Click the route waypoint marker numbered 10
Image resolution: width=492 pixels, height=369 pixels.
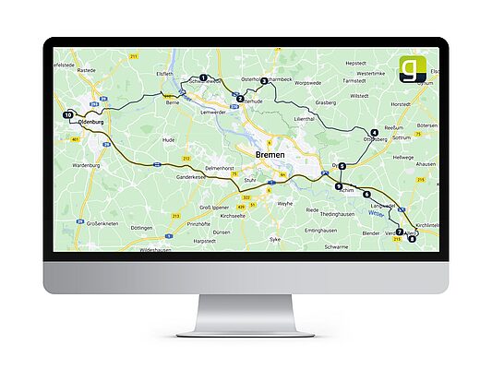click(x=68, y=115)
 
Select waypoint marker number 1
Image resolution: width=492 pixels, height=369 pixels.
click(x=203, y=77)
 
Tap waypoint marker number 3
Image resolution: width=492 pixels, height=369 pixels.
click(x=264, y=81)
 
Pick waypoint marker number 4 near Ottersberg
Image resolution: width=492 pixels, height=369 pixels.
click(x=374, y=133)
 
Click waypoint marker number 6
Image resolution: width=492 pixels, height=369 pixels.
click(x=366, y=195)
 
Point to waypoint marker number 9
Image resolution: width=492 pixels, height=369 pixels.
click(x=340, y=186)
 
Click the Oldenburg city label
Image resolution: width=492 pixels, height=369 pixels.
click(x=95, y=121)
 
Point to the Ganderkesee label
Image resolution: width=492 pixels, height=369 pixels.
click(x=196, y=174)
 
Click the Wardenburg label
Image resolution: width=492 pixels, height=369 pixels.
click(x=84, y=166)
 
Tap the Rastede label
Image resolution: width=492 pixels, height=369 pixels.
click(x=87, y=69)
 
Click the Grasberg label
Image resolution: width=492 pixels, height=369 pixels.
click(x=326, y=103)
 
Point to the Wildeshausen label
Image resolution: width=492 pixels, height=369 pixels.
click(x=154, y=250)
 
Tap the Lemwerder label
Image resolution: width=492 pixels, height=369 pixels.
click(x=214, y=112)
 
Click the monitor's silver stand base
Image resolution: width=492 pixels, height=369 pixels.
click(x=246, y=328)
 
